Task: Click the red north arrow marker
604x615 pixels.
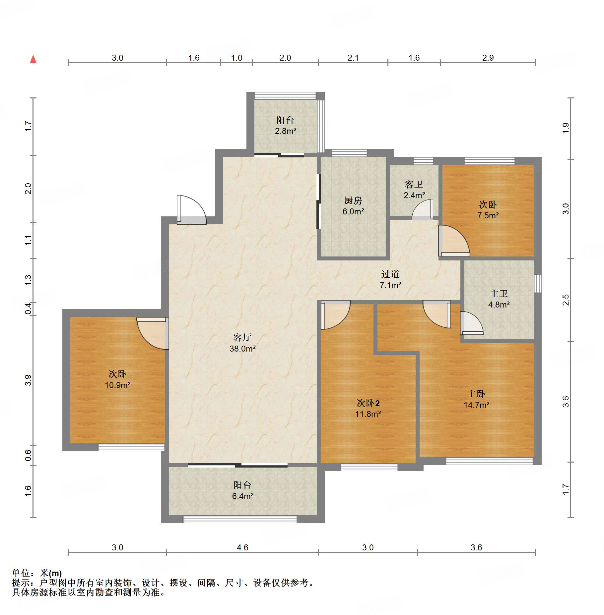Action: [x=33, y=59]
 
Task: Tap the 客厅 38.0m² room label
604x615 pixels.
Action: [x=242, y=343]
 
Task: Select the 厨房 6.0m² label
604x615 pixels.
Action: [x=353, y=206]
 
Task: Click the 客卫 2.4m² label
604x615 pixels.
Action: [x=414, y=190]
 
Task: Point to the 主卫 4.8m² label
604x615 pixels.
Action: [x=499, y=299]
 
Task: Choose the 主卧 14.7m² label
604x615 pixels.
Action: [x=476, y=399]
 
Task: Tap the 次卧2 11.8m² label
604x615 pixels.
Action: [x=368, y=408]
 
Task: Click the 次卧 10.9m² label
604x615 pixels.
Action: [x=117, y=379]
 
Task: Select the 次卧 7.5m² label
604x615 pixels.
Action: [x=488, y=210]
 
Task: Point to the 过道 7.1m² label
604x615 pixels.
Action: [x=390, y=279]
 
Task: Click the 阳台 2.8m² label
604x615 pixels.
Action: [x=285, y=125]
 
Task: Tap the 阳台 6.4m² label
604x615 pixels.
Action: [x=242, y=490]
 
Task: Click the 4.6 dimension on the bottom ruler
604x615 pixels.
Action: [x=242, y=547]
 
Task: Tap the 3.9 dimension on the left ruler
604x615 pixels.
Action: [x=28, y=380]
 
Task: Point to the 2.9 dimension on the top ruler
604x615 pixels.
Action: [x=488, y=58]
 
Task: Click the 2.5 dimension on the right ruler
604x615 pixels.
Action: [x=566, y=300]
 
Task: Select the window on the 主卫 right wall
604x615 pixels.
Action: [x=538, y=283]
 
